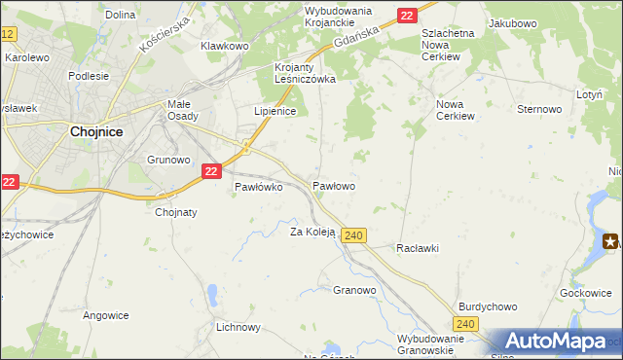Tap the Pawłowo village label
click(334, 185)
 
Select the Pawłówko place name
click(258, 188)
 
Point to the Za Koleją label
click(312, 232)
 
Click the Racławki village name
click(418, 248)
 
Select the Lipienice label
click(275, 111)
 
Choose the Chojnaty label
click(176, 212)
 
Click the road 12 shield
click(8, 34)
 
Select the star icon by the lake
click(611, 241)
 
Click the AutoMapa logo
click(556, 342)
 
